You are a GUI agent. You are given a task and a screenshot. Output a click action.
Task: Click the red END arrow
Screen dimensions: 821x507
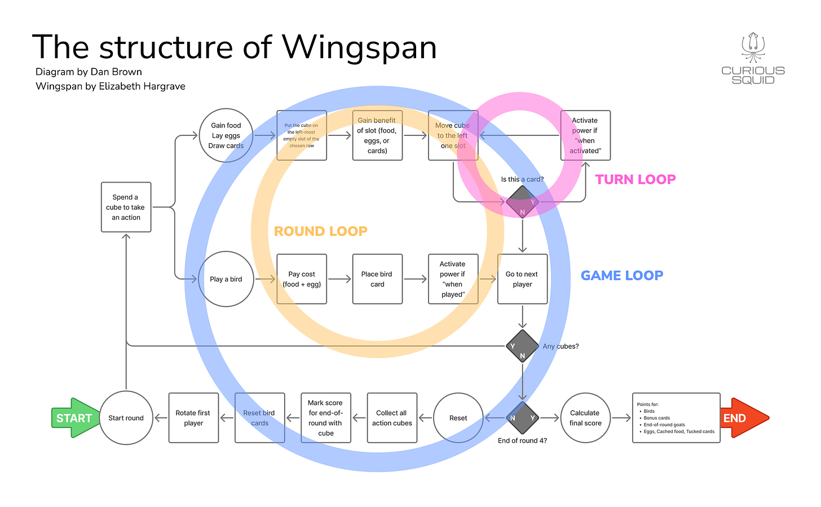pyautogui.click(x=745, y=418)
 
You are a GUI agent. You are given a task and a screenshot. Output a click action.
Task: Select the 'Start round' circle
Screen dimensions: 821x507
pyautogui.click(x=126, y=418)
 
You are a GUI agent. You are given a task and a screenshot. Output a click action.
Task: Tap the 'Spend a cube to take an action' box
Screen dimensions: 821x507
pyautogui.click(x=126, y=207)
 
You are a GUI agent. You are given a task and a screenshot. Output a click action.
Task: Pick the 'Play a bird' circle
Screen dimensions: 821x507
pyautogui.click(x=226, y=279)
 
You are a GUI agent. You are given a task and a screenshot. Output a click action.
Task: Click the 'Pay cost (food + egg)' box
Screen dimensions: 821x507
pyautogui.click(x=302, y=279)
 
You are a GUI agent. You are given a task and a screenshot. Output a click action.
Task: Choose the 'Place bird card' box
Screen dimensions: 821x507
pyautogui.click(x=378, y=279)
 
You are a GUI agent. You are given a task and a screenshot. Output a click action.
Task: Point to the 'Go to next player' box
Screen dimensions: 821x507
pyautogui.click(x=522, y=279)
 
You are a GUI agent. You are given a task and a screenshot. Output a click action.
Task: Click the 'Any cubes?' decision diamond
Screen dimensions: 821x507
pyautogui.click(x=522, y=346)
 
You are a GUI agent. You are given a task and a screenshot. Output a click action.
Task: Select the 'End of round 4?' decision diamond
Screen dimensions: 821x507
pyautogui.click(x=522, y=418)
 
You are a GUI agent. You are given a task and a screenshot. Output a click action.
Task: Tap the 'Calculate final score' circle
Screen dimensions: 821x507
pyautogui.click(x=585, y=418)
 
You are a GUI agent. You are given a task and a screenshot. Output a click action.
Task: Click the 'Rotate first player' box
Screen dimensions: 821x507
pyautogui.click(x=193, y=418)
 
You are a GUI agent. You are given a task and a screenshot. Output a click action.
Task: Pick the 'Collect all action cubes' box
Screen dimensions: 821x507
pyautogui.click(x=392, y=418)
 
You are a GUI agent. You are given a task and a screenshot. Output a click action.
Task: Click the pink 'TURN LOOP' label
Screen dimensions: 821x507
pyautogui.click(x=635, y=179)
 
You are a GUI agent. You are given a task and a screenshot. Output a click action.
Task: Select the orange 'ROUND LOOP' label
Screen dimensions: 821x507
pyautogui.click(x=320, y=231)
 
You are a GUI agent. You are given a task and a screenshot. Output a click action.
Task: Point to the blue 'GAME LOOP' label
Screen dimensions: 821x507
pyautogui.click(x=621, y=275)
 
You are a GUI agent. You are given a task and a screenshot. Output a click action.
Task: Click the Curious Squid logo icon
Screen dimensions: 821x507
pyautogui.click(x=753, y=47)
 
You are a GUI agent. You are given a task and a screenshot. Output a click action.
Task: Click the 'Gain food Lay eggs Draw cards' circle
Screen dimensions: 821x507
pyautogui.click(x=226, y=135)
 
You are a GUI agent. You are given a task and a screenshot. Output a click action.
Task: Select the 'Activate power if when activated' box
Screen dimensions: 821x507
pyautogui.click(x=585, y=135)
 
